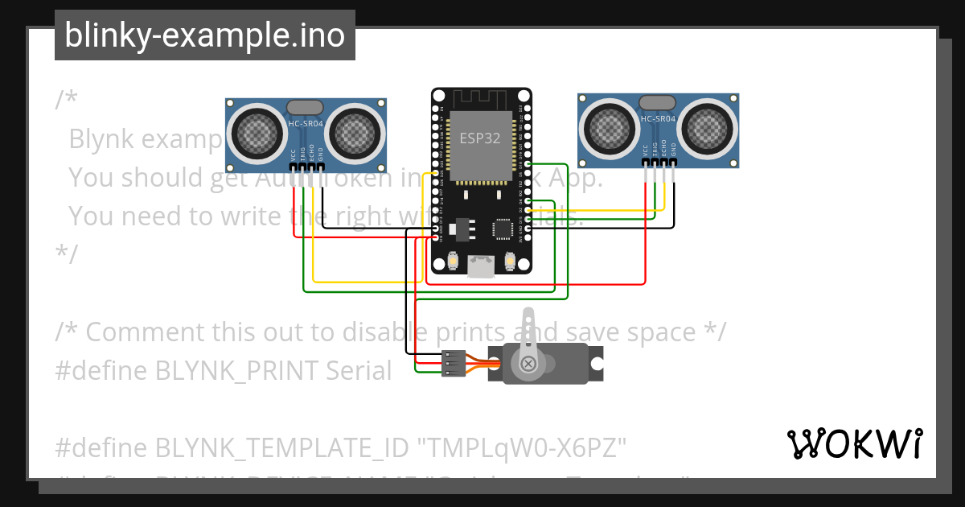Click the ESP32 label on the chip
coord(480,138)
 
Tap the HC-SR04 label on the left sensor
coord(306,123)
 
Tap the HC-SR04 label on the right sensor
coord(658,119)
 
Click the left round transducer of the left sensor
coord(256,130)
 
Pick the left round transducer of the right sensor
coord(609,126)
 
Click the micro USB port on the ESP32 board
coord(481,266)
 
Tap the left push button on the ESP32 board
coord(454,262)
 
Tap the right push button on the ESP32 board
coord(508,262)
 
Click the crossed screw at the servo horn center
coord(528,364)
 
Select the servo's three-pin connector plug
coord(454,364)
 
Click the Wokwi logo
coord(854,443)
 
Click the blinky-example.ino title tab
coord(204,35)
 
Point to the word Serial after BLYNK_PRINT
coord(359,370)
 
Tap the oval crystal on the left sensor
coord(305,107)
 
